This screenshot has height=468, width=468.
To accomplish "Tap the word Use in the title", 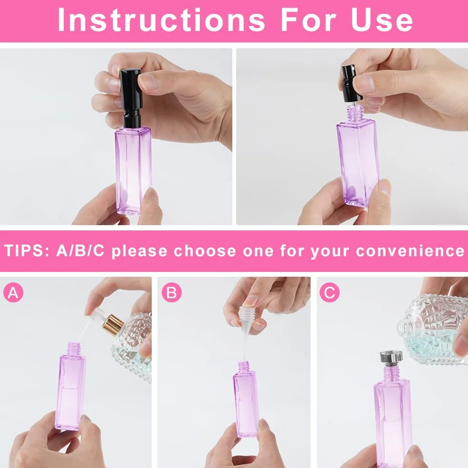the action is point(382,20).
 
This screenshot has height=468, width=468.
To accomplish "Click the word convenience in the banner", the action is point(410,251).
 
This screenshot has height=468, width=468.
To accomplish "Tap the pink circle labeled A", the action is point(13,292).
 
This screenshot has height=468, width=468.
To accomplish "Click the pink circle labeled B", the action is point(172,292).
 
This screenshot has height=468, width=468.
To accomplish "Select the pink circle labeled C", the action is point(330,292).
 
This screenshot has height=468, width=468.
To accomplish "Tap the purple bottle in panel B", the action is point(245,399).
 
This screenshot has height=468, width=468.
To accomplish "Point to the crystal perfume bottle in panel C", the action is point(433,328).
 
